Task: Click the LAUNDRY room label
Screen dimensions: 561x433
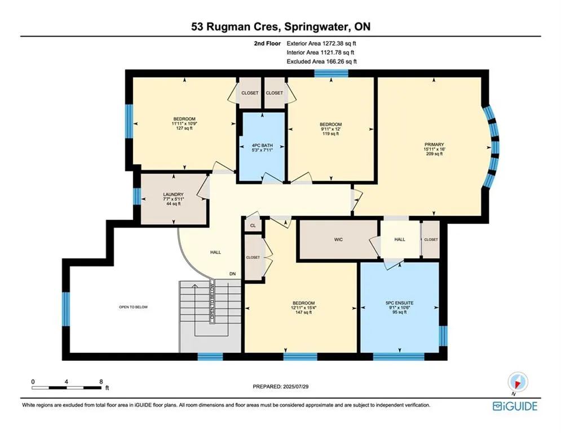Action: tap(173, 195)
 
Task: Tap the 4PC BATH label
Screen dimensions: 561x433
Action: tap(262, 145)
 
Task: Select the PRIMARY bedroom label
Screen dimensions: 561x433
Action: tap(434, 144)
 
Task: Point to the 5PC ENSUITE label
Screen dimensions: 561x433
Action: tap(399, 303)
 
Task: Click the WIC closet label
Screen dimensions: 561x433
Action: tap(338, 240)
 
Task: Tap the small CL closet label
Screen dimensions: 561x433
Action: tap(253, 226)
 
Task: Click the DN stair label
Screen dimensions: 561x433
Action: tap(232, 274)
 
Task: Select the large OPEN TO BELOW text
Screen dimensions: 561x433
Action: tap(134, 307)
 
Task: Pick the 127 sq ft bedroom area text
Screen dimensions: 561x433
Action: tap(184, 128)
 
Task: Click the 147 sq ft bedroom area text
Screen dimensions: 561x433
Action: tap(303, 312)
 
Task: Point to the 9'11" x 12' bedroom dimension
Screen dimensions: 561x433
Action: tap(330, 129)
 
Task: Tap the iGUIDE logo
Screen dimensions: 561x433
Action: tap(515, 406)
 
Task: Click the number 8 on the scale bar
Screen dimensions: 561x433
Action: tap(101, 382)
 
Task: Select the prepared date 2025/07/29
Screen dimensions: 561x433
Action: tap(295, 386)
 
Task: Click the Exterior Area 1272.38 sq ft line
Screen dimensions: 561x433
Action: tap(321, 43)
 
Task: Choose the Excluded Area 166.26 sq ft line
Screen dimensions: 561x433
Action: tap(321, 61)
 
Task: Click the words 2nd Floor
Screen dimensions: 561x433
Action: tap(267, 43)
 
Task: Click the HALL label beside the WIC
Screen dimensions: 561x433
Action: tap(400, 240)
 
